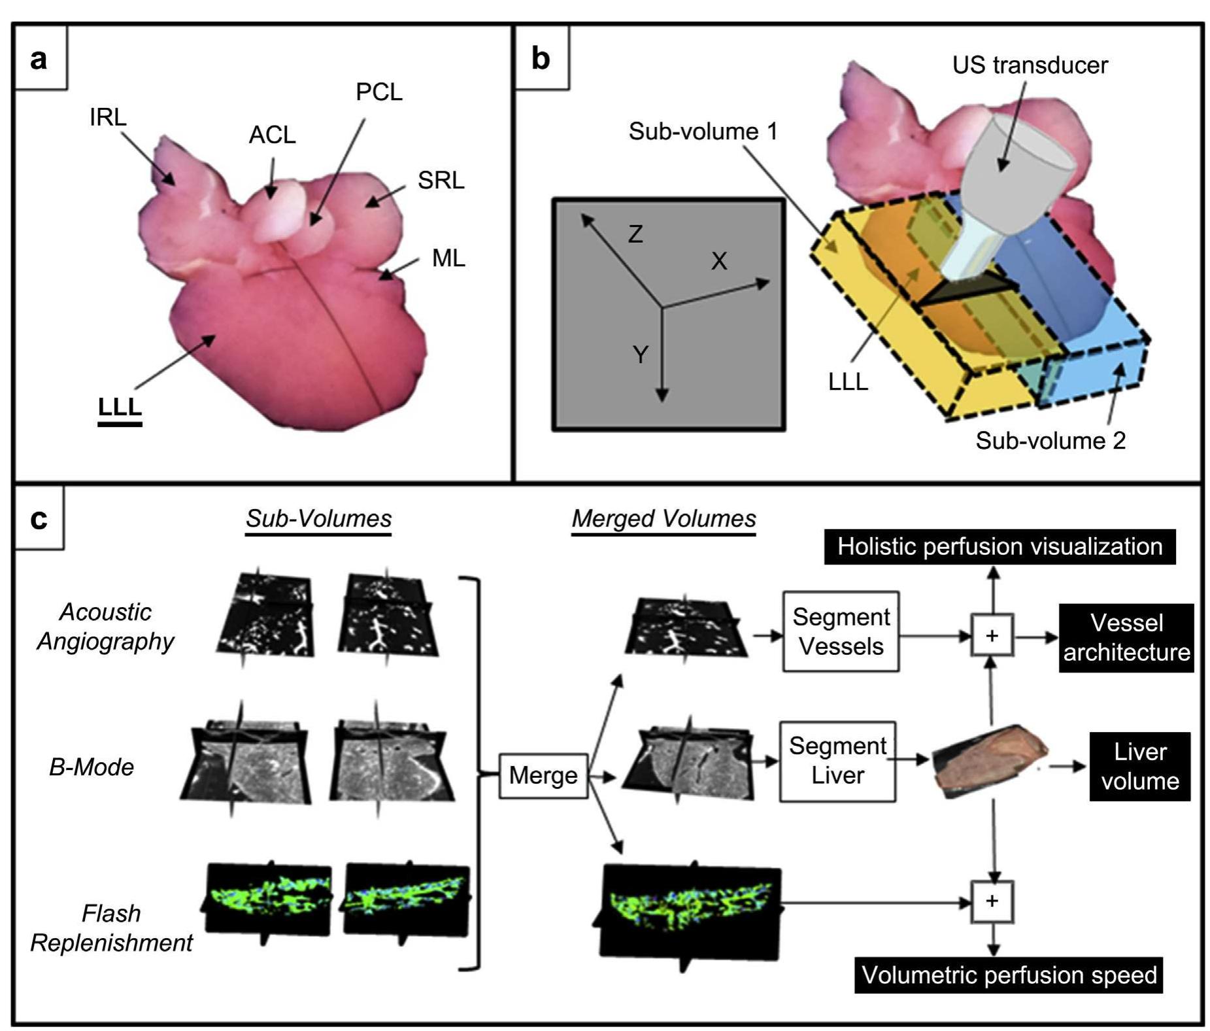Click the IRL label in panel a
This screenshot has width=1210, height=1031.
tap(108, 117)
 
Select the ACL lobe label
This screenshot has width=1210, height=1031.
tap(272, 135)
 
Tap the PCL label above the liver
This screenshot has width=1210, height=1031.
tap(378, 92)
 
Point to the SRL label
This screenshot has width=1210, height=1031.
tap(441, 180)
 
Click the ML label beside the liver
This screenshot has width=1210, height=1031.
tap(448, 258)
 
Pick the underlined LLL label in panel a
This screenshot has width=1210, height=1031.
tap(120, 407)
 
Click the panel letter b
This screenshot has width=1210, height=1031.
tap(541, 58)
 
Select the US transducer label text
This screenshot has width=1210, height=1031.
tap(1030, 65)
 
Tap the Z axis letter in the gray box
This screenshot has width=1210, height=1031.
tap(635, 234)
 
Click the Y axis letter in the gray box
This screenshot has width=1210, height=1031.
tap(641, 355)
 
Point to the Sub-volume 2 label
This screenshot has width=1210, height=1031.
tap(1050, 440)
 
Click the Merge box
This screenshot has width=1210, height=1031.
tap(543, 775)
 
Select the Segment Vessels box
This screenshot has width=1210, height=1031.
tap(841, 631)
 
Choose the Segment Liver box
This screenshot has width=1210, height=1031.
tap(837, 761)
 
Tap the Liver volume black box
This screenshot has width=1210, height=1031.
tap(1139, 766)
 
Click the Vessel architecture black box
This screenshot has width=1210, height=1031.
tap(1126, 638)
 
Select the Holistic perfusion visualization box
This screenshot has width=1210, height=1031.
tap(1000, 547)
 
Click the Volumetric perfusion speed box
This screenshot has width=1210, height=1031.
tap(1009, 975)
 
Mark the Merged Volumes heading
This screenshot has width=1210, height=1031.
tap(664, 519)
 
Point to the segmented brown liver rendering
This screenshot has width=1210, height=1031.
tap(988, 760)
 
